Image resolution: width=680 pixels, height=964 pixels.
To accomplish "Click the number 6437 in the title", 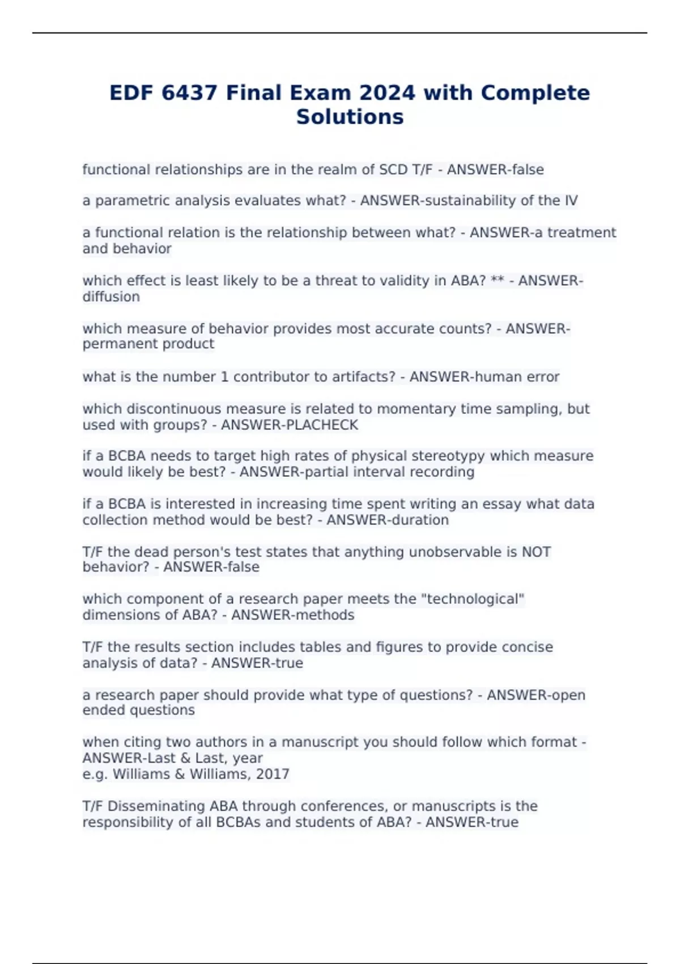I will pyautogui.click(x=189, y=92).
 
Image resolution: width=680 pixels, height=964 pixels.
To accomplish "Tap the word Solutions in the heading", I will pyautogui.click(x=350, y=117).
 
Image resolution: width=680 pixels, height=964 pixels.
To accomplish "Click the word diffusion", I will pyautogui.click(x=111, y=297).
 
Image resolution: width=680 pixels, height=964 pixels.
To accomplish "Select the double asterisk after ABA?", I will pyautogui.click(x=497, y=281).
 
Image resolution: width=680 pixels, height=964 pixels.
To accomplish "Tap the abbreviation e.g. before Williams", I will pyautogui.click(x=95, y=774).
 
